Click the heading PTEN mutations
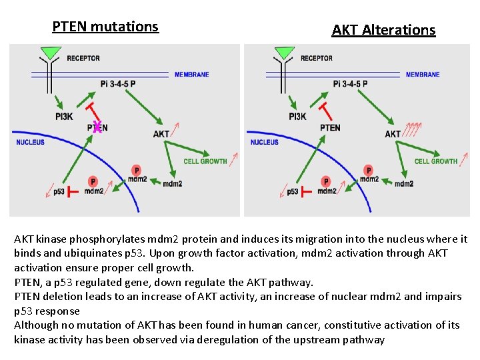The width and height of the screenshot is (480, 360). [x=105, y=27]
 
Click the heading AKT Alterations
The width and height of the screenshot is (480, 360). [x=383, y=30]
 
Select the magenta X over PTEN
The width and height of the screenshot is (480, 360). [x=97, y=127]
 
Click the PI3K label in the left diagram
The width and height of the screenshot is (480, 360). [x=65, y=117]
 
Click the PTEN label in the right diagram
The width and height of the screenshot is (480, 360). [x=330, y=127]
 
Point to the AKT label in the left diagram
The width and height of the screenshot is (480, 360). [x=161, y=134]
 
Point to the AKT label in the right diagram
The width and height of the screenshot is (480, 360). [x=393, y=134]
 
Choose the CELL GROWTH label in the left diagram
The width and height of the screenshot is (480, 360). [x=205, y=161]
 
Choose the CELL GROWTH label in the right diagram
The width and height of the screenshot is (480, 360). [x=436, y=161]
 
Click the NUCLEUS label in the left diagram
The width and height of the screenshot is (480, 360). [x=30, y=142]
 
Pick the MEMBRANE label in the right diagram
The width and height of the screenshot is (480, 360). [x=423, y=75]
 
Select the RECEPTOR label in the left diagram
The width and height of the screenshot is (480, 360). [x=83, y=59]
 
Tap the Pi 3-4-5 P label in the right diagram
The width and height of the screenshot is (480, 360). [x=350, y=84]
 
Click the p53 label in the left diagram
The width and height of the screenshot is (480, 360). [x=59, y=192]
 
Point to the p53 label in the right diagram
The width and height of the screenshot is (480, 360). [x=292, y=192]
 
